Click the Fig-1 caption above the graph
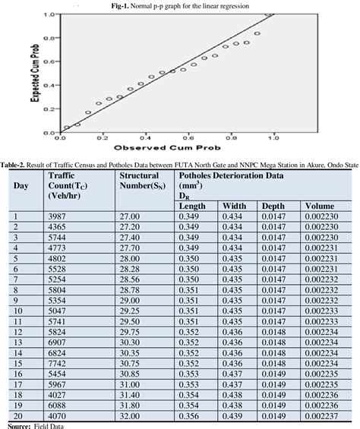pyautogui.click(x=179, y=6)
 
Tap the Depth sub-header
pyautogui.click(x=273, y=206)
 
